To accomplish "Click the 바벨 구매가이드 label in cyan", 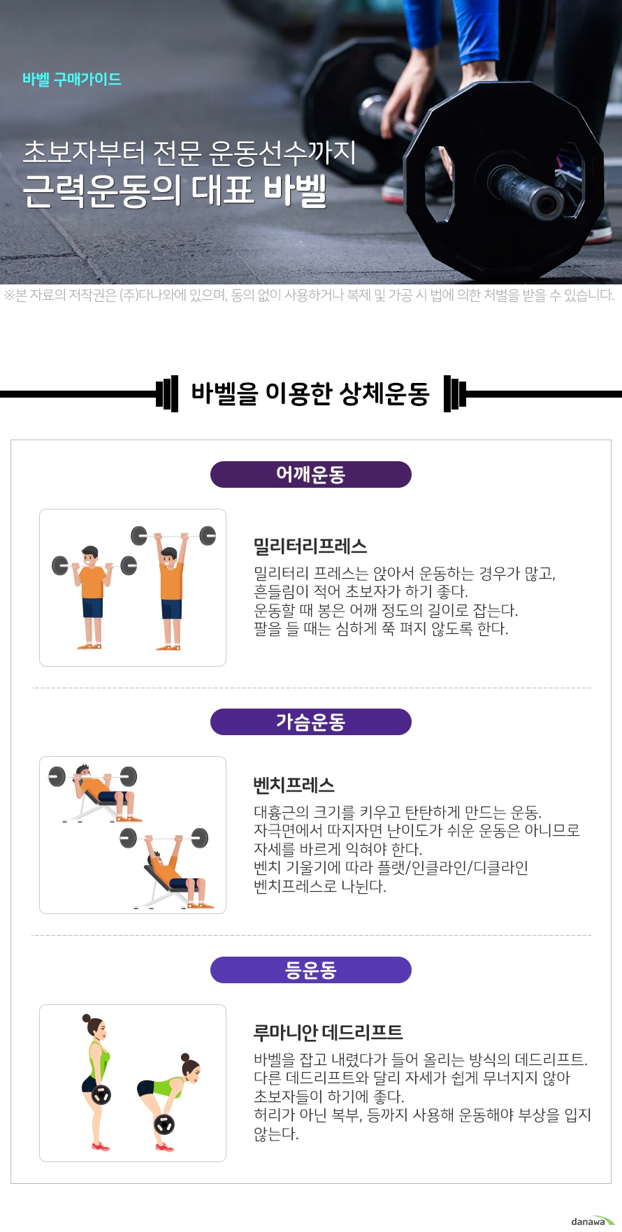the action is (72, 79).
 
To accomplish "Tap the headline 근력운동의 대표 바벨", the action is (175, 191).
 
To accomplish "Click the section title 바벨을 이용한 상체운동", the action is (310, 394).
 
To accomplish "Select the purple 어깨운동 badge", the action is (311, 474).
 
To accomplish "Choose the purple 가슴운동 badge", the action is (311, 722).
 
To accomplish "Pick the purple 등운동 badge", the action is (311, 970).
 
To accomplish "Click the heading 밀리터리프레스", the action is (310, 546).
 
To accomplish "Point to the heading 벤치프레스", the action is (294, 785).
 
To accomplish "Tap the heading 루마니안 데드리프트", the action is (328, 1032).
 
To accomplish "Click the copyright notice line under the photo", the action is (310, 295).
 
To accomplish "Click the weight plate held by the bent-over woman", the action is (165, 1124).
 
